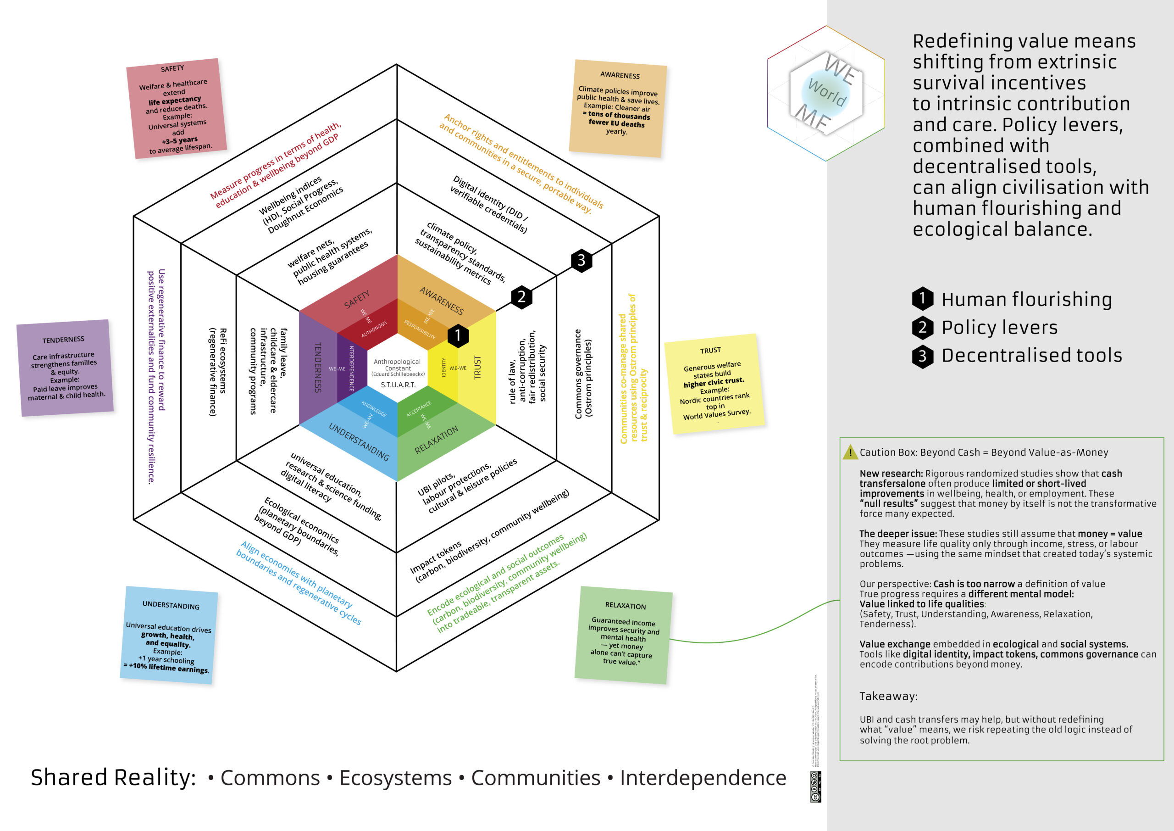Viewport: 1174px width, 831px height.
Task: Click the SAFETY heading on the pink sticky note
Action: pyautogui.click(x=172, y=68)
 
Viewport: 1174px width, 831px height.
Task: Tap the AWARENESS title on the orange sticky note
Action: pyautogui.click(x=620, y=75)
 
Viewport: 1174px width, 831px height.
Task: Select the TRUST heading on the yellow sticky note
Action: pyautogui.click(x=710, y=350)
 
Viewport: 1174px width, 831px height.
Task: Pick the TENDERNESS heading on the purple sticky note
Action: pyautogui.click(x=63, y=340)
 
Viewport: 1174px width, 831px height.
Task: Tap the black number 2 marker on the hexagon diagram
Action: pyautogui.click(x=521, y=297)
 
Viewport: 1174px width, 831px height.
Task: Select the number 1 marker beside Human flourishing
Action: pyautogui.click(x=922, y=298)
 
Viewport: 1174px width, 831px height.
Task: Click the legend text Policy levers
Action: pyautogui.click(x=999, y=328)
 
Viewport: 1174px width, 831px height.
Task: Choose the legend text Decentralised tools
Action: pyautogui.click(x=1031, y=356)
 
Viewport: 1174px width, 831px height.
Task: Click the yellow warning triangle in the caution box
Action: pyautogui.click(x=850, y=452)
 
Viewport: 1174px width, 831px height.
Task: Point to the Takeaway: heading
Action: pyautogui.click(x=888, y=696)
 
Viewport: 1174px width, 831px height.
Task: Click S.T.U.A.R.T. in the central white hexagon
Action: pyautogui.click(x=398, y=385)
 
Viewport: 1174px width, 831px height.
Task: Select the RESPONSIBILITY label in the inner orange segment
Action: pyautogui.click(x=419, y=329)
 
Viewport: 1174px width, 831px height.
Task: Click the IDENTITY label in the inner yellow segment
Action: pyautogui.click(x=443, y=368)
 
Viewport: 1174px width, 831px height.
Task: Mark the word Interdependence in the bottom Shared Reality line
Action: pyautogui.click(x=703, y=778)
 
